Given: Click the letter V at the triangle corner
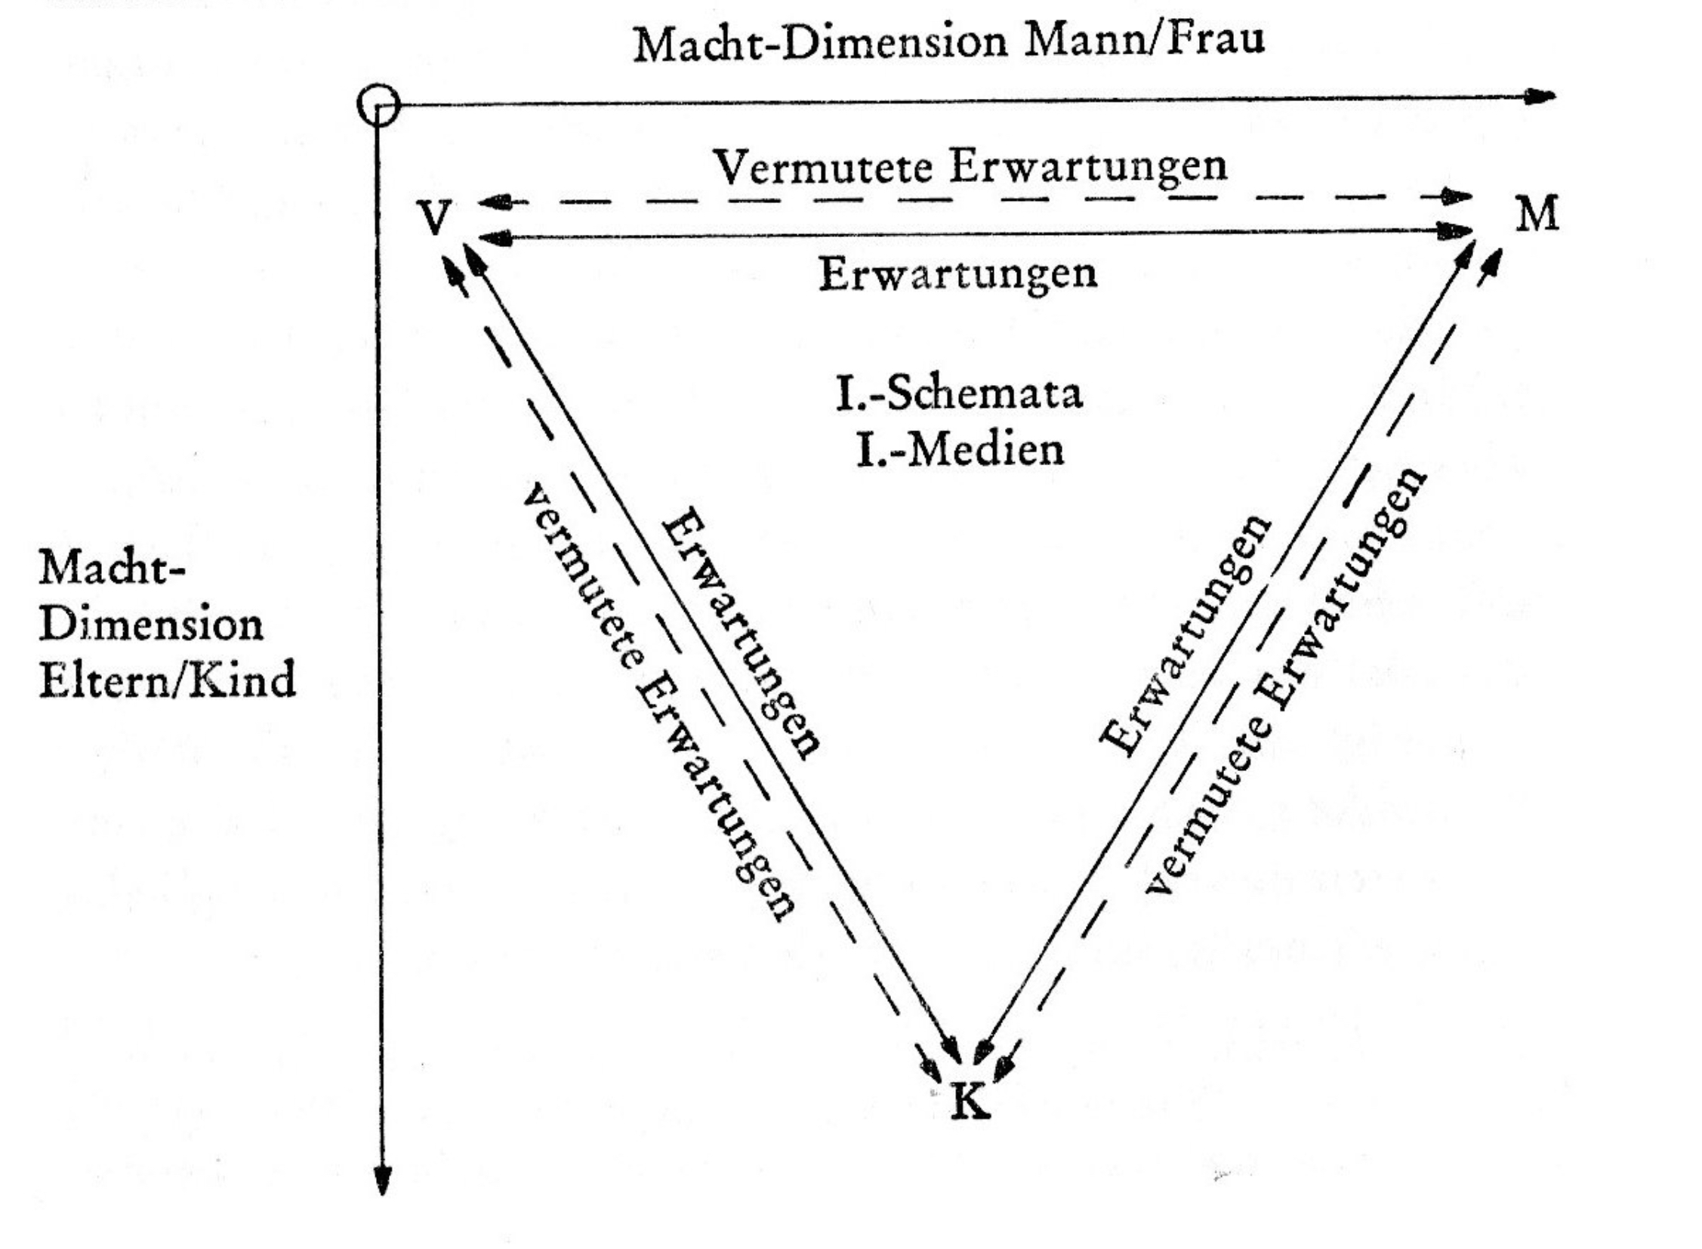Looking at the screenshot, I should tap(436, 217).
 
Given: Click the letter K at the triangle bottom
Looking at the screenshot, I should tap(970, 1102).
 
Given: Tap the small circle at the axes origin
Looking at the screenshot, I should tap(378, 105).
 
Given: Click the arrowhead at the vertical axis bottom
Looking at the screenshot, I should tap(383, 1180).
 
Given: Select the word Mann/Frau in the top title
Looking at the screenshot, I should tap(1144, 39).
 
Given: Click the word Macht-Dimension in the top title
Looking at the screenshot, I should tap(820, 44).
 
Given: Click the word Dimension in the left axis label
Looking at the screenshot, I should tap(151, 624).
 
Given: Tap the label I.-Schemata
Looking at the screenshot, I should tap(959, 394).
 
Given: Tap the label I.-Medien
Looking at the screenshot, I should tap(960, 450).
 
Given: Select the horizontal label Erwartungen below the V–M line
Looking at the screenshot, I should tap(958, 273).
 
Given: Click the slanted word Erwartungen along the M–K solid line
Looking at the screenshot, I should tap(1185, 635).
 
